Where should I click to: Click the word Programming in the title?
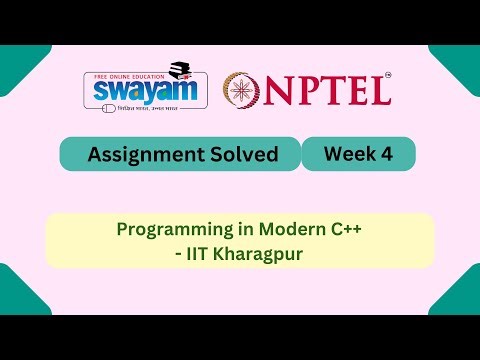tap(167, 229)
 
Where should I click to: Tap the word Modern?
tap(279, 229)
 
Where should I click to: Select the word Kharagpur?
tap(258, 253)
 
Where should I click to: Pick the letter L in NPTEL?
tap(379, 91)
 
